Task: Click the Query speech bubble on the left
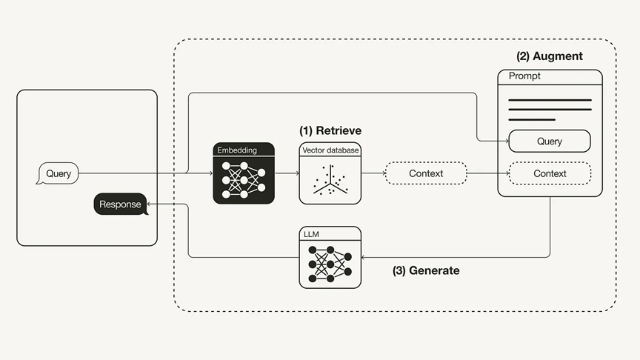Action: pos(58,174)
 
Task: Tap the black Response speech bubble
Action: pos(120,204)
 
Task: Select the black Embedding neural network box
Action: pos(244,173)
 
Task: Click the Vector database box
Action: pos(330,173)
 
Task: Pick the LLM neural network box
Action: pos(330,257)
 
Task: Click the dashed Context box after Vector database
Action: pos(425,173)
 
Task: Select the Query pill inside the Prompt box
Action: pos(549,141)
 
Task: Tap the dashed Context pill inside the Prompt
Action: pos(549,173)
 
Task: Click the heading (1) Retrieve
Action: pos(330,130)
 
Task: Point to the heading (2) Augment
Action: pos(549,56)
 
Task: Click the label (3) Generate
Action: pos(425,270)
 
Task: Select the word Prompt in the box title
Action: pos(524,76)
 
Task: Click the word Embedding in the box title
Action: pos(237,150)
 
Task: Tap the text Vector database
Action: pos(330,150)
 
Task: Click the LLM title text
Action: pos(310,234)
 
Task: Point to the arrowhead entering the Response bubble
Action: pos(151,204)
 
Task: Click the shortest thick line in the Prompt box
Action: pos(532,119)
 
